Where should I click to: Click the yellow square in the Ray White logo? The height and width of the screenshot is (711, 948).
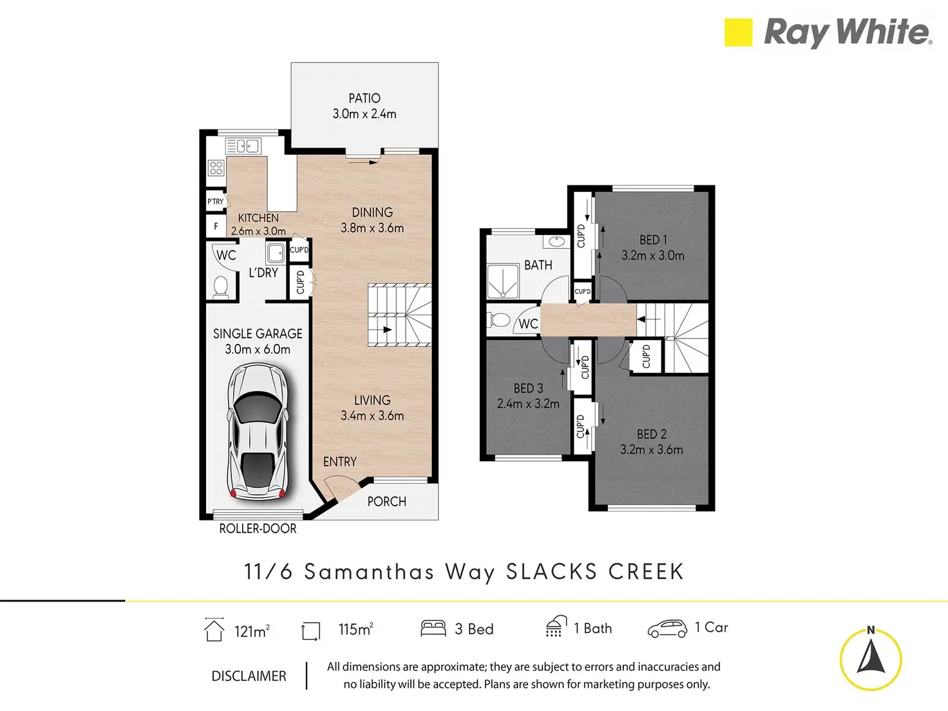738,32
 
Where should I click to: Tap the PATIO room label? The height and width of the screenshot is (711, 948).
365,99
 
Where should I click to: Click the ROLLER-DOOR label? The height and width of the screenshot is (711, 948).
258,529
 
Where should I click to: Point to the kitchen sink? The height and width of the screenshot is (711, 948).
243,146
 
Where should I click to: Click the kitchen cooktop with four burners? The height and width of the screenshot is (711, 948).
216,168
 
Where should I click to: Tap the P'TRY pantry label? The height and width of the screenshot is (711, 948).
216,202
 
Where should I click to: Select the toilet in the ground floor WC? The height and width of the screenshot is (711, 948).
221,286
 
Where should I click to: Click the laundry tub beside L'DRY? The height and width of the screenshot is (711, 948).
276,251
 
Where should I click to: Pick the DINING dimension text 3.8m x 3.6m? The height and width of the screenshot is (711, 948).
372,228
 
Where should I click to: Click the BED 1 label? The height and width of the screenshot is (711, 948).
653,240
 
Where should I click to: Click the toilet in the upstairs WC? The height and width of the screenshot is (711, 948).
500,319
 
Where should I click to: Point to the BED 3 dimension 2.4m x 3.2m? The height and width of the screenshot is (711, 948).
528,404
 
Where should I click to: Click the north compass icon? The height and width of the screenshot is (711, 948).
871,658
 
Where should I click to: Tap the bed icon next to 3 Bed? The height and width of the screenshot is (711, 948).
433,629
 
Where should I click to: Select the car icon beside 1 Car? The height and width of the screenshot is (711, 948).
667,629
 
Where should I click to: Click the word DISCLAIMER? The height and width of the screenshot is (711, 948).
249,676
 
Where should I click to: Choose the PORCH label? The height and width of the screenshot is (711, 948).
386,502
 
